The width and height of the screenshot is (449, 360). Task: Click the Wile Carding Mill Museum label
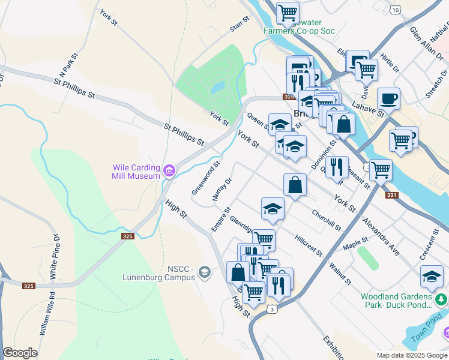[x=136, y=172]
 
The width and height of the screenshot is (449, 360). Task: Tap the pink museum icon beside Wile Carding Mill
[x=169, y=172]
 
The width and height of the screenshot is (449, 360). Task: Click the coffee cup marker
[x=388, y=98]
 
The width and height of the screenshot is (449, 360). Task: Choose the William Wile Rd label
[x=46, y=313]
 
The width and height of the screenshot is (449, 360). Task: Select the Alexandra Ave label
[x=381, y=236]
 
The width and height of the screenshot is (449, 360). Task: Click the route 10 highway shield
[x=394, y=9]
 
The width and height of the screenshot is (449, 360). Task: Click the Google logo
[x=20, y=353]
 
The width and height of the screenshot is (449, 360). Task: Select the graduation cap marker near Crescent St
[x=432, y=276]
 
